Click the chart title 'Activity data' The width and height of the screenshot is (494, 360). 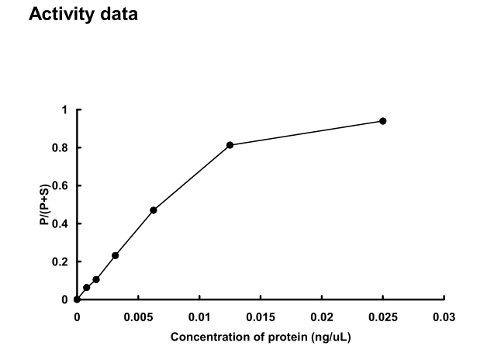[83, 15]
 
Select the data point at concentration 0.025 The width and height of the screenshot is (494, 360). [383, 121]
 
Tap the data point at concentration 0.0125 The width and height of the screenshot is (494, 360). [230, 145]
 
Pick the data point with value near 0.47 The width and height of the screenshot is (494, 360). [154, 210]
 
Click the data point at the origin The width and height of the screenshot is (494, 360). [77, 299]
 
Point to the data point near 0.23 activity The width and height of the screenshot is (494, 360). [116, 255]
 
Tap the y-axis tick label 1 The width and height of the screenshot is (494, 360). [66, 110]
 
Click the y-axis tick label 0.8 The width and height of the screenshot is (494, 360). [62, 148]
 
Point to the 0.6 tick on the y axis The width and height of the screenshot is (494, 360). [62, 186]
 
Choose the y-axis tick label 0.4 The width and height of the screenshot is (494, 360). [62, 224]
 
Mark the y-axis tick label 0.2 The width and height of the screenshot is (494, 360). [62, 262]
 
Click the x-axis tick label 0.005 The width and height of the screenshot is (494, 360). [138, 317]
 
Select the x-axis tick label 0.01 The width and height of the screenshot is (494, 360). [199, 317]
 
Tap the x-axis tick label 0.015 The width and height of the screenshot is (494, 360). [261, 317]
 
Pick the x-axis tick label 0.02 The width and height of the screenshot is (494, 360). [322, 317]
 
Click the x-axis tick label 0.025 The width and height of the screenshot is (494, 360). [383, 317]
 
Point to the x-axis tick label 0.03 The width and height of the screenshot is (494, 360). [444, 317]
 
